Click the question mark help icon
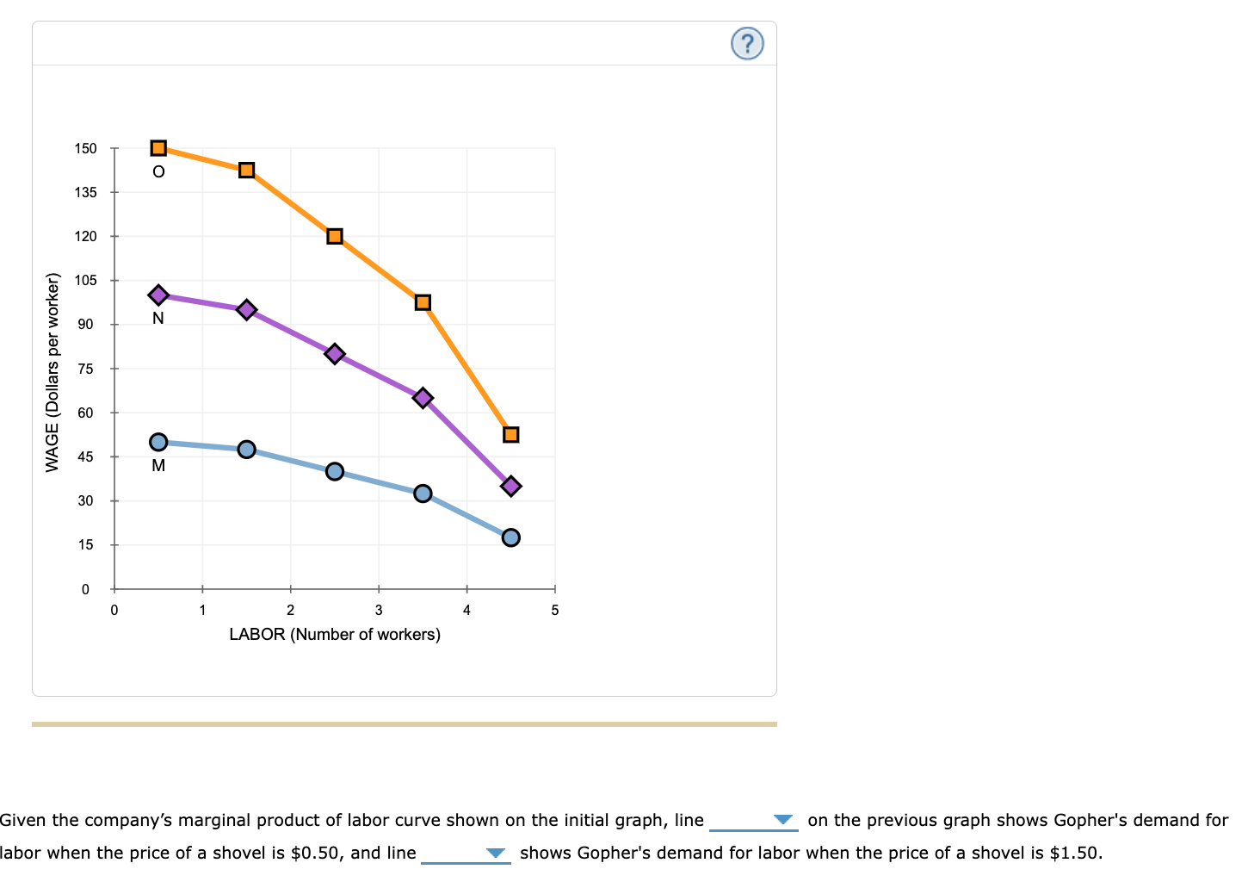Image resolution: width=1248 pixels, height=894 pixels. (x=747, y=43)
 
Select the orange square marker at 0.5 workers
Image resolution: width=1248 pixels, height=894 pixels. (x=158, y=148)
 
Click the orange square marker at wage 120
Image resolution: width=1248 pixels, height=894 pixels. (x=335, y=236)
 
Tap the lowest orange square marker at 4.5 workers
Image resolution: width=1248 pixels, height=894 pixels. (x=510, y=434)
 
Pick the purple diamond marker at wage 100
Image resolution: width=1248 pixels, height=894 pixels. (x=158, y=295)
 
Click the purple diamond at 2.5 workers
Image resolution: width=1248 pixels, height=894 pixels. (x=335, y=354)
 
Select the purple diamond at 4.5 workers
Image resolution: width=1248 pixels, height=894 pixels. (x=510, y=487)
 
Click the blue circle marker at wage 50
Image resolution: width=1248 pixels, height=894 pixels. (x=158, y=442)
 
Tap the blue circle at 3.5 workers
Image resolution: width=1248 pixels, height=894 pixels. (x=423, y=494)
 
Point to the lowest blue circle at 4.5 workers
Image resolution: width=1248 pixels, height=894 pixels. (x=510, y=537)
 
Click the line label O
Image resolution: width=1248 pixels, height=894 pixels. (x=158, y=171)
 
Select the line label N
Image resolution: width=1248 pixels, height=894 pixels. (x=158, y=319)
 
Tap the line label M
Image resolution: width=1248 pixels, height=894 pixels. (x=158, y=466)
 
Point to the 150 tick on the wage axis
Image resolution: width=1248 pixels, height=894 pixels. (x=86, y=148)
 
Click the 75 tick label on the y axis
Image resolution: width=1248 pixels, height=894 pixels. (x=86, y=369)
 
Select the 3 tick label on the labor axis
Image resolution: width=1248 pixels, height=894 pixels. (x=379, y=611)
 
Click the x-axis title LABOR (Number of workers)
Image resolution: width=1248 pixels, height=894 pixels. (x=335, y=635)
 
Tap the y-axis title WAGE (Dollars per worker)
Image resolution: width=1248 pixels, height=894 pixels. (x=53, y=372)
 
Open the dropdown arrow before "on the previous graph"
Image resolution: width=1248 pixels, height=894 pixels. (x=782, y=820)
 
